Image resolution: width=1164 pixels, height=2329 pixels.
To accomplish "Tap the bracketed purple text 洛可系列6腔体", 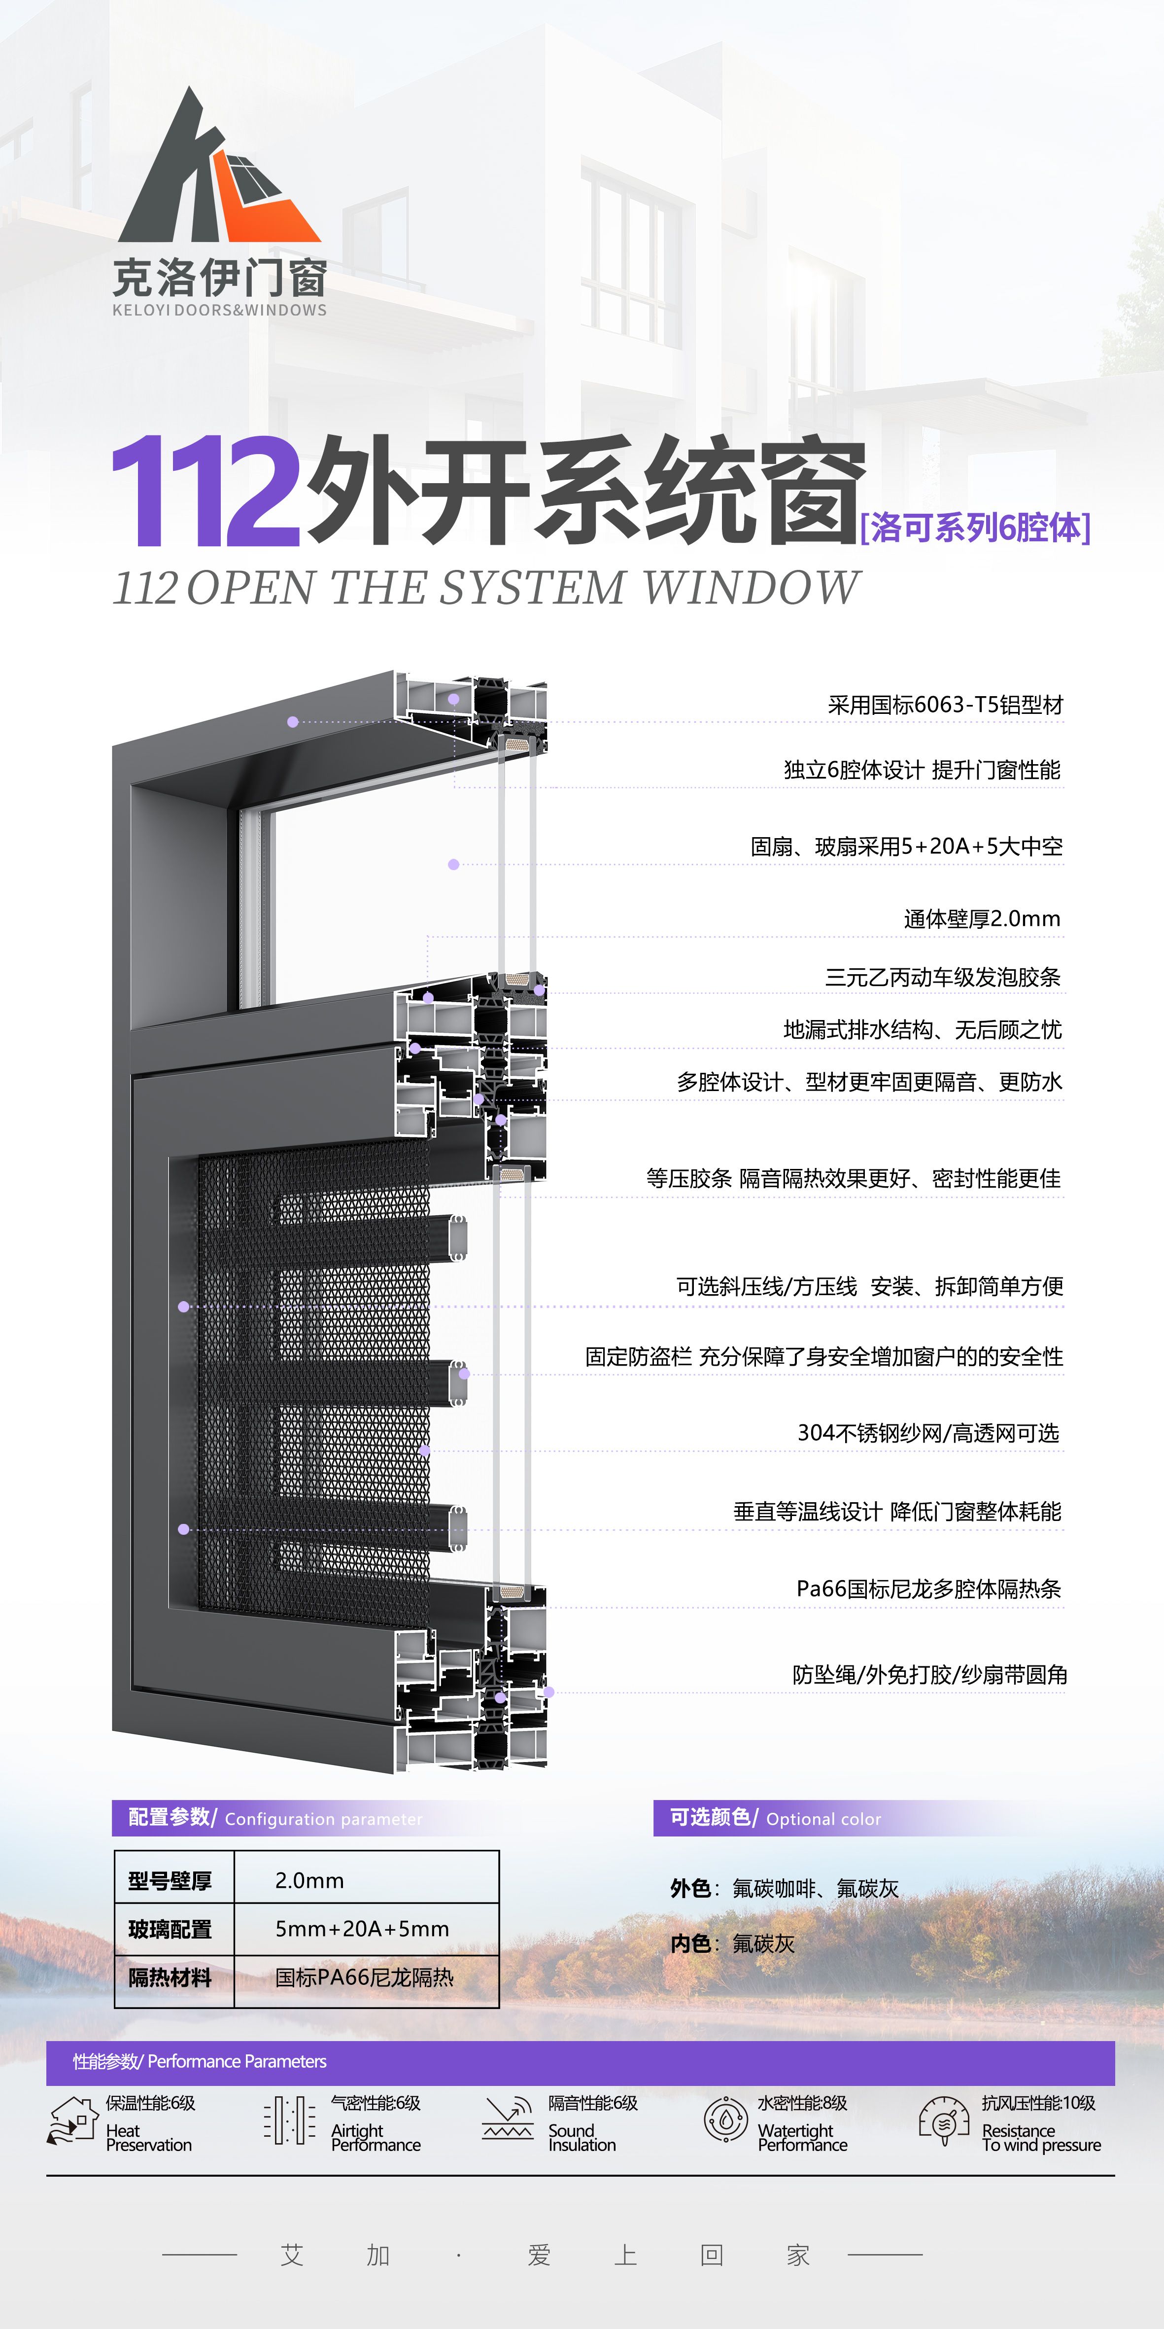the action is [x=975, y=527].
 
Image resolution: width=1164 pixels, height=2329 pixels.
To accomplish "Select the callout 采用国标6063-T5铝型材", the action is [x=945, y=705].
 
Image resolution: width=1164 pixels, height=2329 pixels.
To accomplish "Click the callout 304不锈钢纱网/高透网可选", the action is [x=928, y=1433].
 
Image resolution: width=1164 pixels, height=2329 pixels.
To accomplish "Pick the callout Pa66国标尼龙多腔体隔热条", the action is [x=929, y=1588].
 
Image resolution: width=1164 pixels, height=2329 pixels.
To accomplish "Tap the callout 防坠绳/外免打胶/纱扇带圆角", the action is [x=930, y=1674].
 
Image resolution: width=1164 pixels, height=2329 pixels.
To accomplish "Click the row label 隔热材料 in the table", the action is [x=170, y=1977].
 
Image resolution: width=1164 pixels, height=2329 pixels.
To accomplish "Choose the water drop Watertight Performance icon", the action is [x=726, y=2120].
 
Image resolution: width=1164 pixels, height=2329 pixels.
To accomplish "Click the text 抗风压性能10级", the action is [x=1038, y=2103].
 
